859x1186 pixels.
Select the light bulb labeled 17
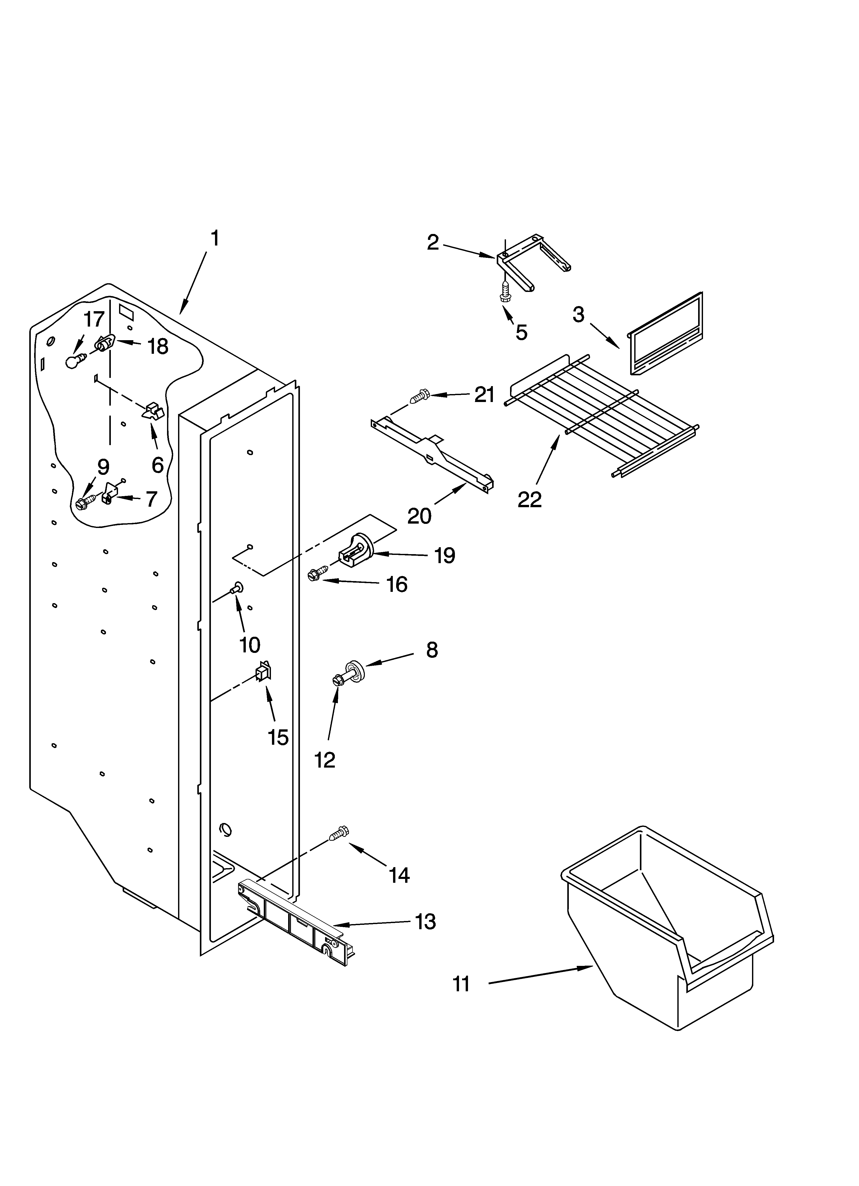click(74, 361)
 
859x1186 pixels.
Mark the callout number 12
click(324, 760)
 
